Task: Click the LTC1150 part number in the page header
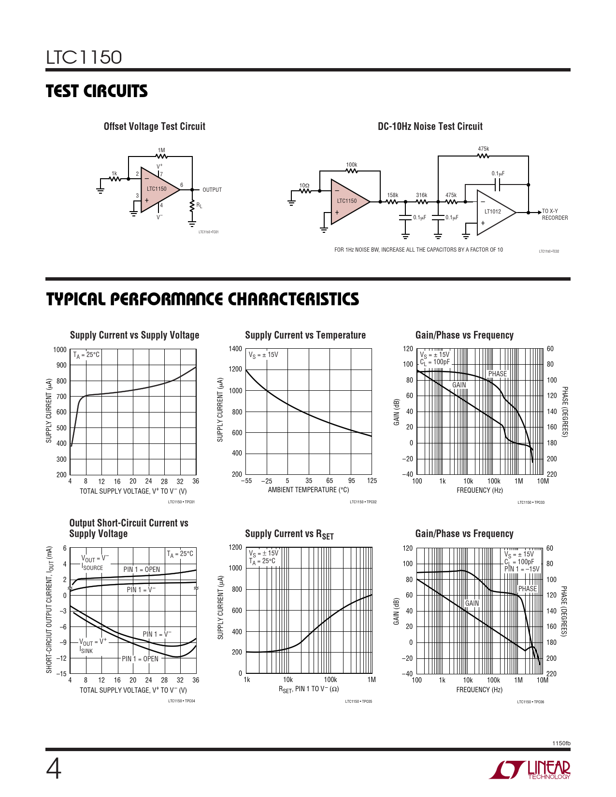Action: tap(84, 57)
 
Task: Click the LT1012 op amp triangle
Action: tap(494, 213)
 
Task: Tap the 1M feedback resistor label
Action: tap(161, 150)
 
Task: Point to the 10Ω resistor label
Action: tap(304, 185)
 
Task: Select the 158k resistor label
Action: tap(392, 195)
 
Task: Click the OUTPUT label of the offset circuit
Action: tap(212, 190)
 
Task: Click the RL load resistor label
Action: tap(199, 206)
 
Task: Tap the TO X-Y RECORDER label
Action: tap(555, 214)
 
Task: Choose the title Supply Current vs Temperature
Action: tap(305, 335)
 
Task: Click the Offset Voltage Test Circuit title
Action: tap(155, 127)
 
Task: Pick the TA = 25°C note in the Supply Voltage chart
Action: tap(86, 355)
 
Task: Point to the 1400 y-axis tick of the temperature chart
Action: tap(235, 349)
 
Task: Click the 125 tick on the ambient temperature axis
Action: tap(372, 481)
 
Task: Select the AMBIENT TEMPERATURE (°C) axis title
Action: tap(308, 490)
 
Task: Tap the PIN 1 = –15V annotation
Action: tap(522, 569)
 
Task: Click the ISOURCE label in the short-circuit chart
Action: tap(92, 568)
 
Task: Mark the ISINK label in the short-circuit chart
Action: tap(86, 651)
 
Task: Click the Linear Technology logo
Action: tap(530, 770)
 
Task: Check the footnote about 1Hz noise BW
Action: tap(418, 250)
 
